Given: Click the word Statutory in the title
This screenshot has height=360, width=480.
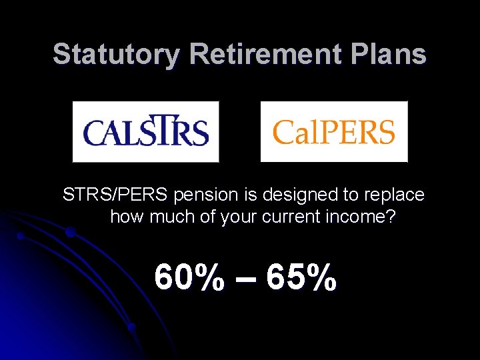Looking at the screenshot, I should pyautogui.click(x=112, y=54).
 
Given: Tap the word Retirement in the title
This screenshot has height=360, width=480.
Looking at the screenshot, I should pyautogui.click(x=260, y=54).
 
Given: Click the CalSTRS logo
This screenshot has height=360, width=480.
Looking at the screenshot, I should pyautogui.click(x=145, y=131).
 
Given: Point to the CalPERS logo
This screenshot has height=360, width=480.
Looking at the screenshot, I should pyautogui.click(x=333, y=131).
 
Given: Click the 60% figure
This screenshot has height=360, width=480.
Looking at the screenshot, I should pyautogui.click(x=189, y=277).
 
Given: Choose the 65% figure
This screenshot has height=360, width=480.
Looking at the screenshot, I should pyautogui.click(x=301, y=277).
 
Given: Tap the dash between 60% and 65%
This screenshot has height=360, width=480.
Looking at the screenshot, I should pyautogui.click(x=245, y=279).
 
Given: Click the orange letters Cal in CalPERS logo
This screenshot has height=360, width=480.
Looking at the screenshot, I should pyautogui.click(x=293, y=131).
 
